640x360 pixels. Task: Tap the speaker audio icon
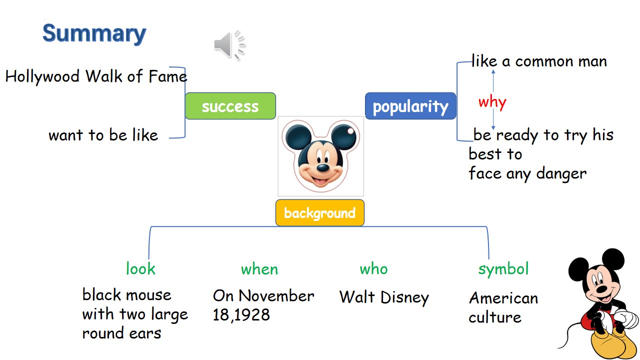click(x=229, y=45)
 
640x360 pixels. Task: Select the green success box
click(x=230, y=106)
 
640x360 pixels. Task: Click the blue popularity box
click(x=410, y=106)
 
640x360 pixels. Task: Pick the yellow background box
click(x=320, y=213)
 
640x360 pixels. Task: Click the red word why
click(x=492, y=102)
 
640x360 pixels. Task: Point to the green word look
click(x=140, y=269)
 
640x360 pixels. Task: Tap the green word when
click(x=259, y=269)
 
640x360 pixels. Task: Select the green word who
click(x=373, y=269)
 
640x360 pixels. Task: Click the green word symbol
click(x=503, y=269)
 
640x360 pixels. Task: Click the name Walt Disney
click(x=384, y=297)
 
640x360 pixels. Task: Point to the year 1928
click(x=251, y=315)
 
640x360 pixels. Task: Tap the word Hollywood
click(x=42, y=77)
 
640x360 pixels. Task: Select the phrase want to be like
click(x=103, y=135)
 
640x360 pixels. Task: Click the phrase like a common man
click(x=539, y=61)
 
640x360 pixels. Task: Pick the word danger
click(x=561, y=174)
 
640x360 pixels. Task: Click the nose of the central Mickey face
click(x=323, y=167)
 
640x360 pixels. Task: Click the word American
click(x=503, y=298)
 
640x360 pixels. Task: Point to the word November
click(x=276, y=296)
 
